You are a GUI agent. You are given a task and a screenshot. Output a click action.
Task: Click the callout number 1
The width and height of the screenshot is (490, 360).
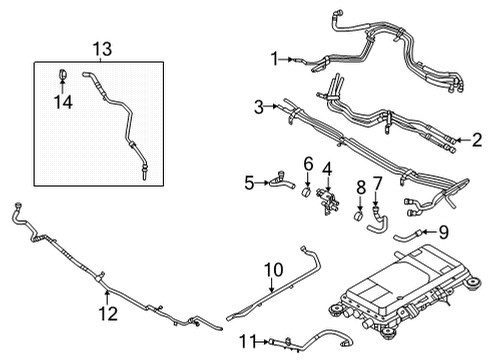(x=274, y=59)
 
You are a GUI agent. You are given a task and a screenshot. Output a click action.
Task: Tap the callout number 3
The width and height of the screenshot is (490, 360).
(x=258, y=106)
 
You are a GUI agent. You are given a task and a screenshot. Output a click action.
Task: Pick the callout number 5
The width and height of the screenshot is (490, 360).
(x=249, y=183)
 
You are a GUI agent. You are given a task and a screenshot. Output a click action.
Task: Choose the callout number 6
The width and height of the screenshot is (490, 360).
(x=308, y=162)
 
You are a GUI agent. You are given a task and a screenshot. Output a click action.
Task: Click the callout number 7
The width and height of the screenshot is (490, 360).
(x=377, y=183)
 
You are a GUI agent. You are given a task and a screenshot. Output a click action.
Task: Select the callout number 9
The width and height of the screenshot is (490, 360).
(x=444, y=233)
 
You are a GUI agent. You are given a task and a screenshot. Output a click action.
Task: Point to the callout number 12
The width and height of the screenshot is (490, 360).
(x=107, y=313)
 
